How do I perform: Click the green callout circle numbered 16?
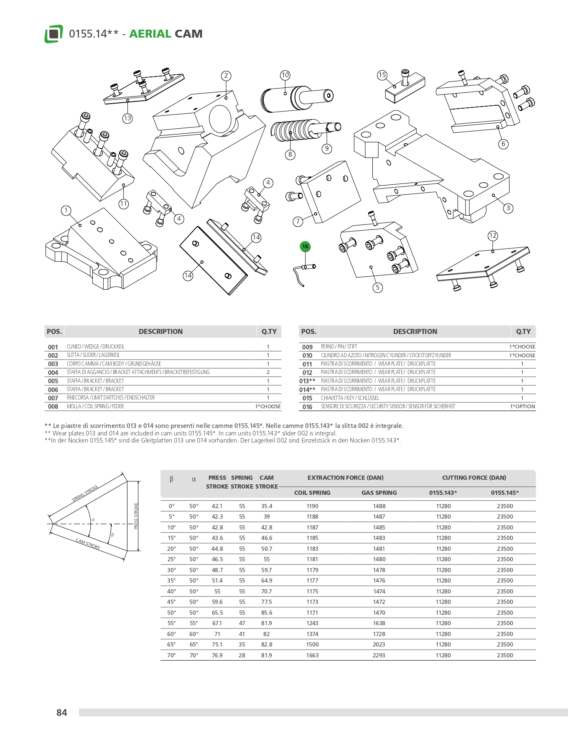[305, 247]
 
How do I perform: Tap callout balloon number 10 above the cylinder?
[285, 75]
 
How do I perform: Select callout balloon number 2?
[226, 76]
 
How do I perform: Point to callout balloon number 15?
[382, 75]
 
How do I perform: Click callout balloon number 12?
[493, 236]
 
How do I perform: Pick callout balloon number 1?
[66, 210]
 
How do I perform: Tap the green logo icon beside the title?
[53, 34]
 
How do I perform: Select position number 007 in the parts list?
[53, 398]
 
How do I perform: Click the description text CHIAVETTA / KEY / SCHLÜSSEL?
[350, 398]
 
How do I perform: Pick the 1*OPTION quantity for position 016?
[522, 407]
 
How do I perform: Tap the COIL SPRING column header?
[312, 493]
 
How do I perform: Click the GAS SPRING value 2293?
[379, 655]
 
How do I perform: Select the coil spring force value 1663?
[312, 655]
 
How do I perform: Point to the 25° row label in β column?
[171, 559]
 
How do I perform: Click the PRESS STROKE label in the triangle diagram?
[136, 516]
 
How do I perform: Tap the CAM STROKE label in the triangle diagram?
[88, 544]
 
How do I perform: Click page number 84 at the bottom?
[61, 713]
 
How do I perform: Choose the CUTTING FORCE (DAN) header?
[474, 478]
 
